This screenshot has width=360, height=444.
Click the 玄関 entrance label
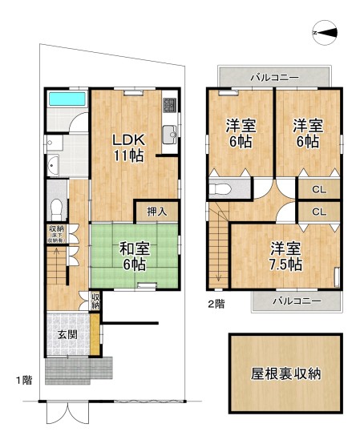click(67, 335)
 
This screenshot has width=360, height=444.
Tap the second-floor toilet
click(220, 190)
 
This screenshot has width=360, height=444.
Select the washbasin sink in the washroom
click(54, 166)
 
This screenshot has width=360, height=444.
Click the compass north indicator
click(326, 32)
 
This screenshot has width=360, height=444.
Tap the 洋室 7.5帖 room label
click(285, 256)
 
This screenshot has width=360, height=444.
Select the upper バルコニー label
click(274, 77)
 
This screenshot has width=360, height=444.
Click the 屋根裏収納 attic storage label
click(286, 373)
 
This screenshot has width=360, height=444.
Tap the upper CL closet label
click(318, 190)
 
